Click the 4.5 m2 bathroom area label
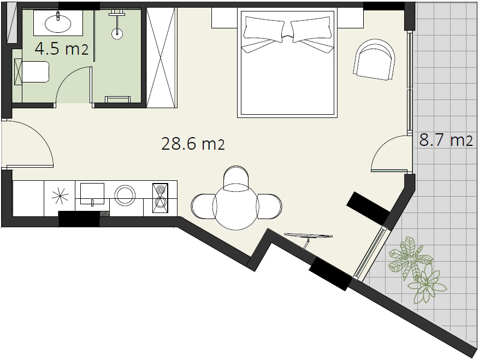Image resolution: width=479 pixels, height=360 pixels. click(61, 49)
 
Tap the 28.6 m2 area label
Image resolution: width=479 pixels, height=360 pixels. click(193, 144)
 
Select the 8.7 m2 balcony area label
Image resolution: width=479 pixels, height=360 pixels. click(446, 140)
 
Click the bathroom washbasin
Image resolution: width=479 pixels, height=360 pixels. click(58, 23)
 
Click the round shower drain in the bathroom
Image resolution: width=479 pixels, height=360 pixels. click(116, 34)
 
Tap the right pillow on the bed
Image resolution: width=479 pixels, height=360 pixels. click(311, 29)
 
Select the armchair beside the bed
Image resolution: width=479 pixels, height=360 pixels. click(374, 60)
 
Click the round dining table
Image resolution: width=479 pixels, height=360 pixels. click(236, 206)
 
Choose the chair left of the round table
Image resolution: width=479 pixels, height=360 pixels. click(204, 206)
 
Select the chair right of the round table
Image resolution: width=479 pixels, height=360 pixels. click(269, 206)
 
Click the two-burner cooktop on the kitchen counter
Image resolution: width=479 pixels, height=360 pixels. click(161, 198)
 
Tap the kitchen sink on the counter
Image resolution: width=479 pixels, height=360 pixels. click(92, 193)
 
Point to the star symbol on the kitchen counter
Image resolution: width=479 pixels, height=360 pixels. click(60, 197)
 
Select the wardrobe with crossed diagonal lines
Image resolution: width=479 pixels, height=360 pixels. click(162, 58)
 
